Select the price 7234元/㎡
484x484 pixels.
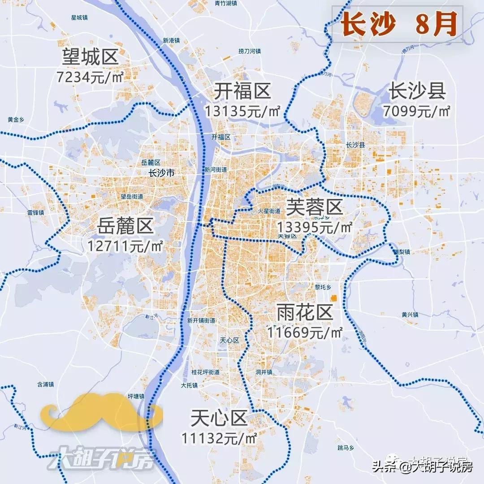pyautogui.click(x=90, y=77)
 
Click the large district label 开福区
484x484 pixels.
pyautogui.click(x=242, y=92)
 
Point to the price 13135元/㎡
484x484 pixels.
pyautogui.click(x=242, y=111)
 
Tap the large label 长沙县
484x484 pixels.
pyautogui.click(x=417, y=92)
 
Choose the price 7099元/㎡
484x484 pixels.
pyautogui.click(x=417, y=111)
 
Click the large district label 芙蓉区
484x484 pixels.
pyautogui.click(x=314, y=207)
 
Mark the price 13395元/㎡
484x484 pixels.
pyautogui.click(x=315, y=227)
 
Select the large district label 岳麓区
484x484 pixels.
pyautogui.click(x=125, y=227)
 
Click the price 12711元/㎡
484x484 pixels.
pyautogui.click(x=125, y=246)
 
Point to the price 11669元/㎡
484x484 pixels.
pyautogui.click(x=305, y=333)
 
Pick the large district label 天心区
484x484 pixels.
pyautogui.click(x=219, y=419)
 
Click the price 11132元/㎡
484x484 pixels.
pyautogui.click(x=219, y=438)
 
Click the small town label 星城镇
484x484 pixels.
pyautogui.click(x=79, y=17)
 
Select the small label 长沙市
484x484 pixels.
pyautogui.click(x=161, y=173)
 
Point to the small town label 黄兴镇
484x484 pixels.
pyautogui.click(x=410, y=315)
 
